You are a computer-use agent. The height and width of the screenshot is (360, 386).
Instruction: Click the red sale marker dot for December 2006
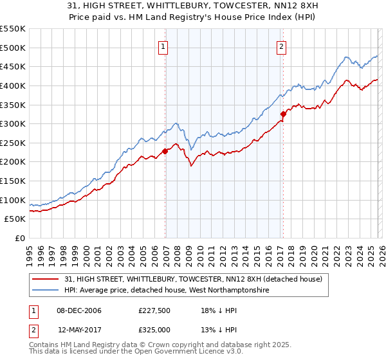[x=165, y=152]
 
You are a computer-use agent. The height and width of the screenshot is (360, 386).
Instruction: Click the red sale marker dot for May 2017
[x=282, y=114]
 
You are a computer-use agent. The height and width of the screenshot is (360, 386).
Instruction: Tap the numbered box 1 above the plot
[x=163, y=46]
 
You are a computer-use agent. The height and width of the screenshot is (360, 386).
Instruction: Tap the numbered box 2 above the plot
[x=282, y=46]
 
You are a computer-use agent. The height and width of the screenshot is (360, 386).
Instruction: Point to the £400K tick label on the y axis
[x=14, y=85]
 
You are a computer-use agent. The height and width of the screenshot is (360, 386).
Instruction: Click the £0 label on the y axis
[x=20, y=239]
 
